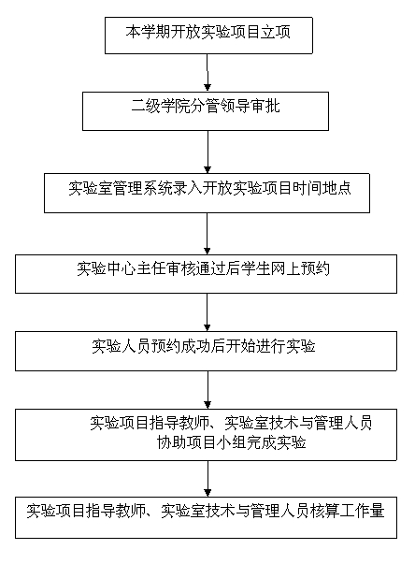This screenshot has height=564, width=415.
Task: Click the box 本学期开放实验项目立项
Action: [x=208, y=36]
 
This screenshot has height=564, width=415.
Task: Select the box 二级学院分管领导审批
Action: [x=206, y=111]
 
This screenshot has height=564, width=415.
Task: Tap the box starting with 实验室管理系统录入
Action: [x=207, y=193]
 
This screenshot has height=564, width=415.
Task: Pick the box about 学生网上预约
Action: [x=206, y=274]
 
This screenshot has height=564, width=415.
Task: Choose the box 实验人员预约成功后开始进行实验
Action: [x=206, y=351]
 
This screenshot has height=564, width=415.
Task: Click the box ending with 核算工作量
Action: [x=206, y=517]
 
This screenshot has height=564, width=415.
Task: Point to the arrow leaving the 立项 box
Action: [x=207, y=73]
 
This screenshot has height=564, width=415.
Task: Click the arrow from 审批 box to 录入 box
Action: [x=207, y=152]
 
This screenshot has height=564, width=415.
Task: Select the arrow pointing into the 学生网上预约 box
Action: [x=207, y=234]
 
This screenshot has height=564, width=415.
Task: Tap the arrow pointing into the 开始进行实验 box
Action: [x=207, y=312]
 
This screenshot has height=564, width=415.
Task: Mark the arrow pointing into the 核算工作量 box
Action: [x=207, y=479]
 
